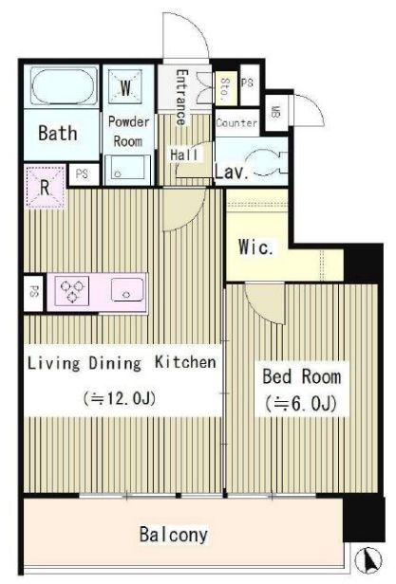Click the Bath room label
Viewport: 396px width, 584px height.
click(x=58, y=133)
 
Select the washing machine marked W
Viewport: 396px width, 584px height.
click(x=125, y=87)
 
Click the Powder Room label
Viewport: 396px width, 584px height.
click(x=128, y=132)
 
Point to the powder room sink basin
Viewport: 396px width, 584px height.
click(x=127, y=170)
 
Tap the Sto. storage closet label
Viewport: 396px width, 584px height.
click(x=225, y=90)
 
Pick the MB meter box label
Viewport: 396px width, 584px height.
click(x=275, y=112)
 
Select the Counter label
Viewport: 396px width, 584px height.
click(x=236, y=123)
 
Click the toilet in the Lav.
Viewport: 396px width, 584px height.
click(x=266, y=163)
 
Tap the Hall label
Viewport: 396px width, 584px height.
click(x=184, y=155)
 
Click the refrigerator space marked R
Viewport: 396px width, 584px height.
click(x=45, y=187)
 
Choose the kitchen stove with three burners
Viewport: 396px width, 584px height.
click(x=71, y=291)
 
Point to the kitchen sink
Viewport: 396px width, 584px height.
click(x=127, y=290)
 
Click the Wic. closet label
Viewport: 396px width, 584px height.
click(x=255, y=246)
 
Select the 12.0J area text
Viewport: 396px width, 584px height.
click(x=119, y=398)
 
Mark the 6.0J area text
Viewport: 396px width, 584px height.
click(x=301, y=403)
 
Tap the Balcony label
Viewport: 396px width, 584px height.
click(x=173, y=535)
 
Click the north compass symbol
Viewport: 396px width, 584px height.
click(x=369, y=559)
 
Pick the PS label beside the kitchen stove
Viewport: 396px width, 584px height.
click(x=34, y=292)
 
